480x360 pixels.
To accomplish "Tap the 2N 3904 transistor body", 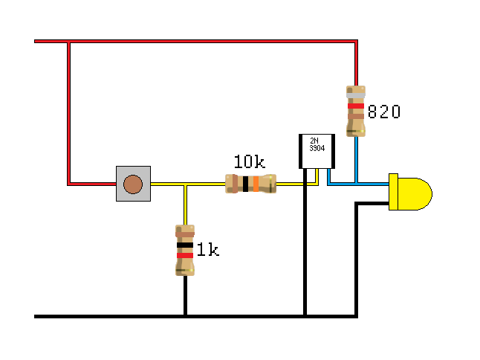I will [316, 151].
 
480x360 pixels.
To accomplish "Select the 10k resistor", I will [250, 184].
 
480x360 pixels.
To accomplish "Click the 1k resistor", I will [185, 250].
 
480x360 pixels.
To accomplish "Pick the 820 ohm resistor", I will [356, 111].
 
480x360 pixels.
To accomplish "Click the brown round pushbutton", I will [133, 184].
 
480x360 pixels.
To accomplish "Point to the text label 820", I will [384, 112].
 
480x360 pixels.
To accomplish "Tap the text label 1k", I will [209, 251].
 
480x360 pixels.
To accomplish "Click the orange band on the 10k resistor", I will [255, 184].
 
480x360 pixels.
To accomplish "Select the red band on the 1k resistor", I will [185, 255].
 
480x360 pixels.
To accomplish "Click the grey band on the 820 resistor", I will [356, 97].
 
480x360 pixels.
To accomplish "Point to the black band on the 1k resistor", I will [185, 244].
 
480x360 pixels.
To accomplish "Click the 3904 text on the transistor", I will [317, 148].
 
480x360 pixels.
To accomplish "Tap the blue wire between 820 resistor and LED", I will [357, 160].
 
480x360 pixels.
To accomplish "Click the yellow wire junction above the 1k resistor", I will [185, 184].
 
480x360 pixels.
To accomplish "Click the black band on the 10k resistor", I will [245, 184].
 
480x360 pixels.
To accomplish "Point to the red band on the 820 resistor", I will [356, 106].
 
